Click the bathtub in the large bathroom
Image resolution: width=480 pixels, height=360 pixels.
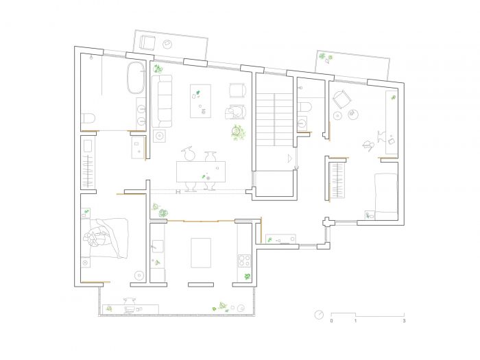136,77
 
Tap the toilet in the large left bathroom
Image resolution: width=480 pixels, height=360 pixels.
88,118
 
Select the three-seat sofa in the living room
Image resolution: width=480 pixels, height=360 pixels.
162,101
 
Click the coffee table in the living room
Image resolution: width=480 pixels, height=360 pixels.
200,101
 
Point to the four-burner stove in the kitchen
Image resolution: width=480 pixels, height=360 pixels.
245,261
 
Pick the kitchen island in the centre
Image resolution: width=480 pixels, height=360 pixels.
201,253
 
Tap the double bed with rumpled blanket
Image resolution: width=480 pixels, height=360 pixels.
105,238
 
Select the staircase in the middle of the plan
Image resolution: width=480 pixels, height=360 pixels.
274,119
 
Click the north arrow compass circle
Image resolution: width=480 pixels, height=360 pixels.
319,315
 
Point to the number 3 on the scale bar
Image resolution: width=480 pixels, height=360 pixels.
404,321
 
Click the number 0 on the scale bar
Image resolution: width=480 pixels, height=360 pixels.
331,321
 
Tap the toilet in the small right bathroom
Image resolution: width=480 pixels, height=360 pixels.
305,107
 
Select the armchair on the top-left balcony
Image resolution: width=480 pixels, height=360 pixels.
147,43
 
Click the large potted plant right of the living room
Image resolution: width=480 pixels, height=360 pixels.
237,132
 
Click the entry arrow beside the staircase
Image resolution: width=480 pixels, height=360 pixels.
289,158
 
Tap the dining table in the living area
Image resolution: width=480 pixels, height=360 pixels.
201,171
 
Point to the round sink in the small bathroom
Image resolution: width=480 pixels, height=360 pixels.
302,123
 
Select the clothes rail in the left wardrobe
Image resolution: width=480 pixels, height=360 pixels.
88,171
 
